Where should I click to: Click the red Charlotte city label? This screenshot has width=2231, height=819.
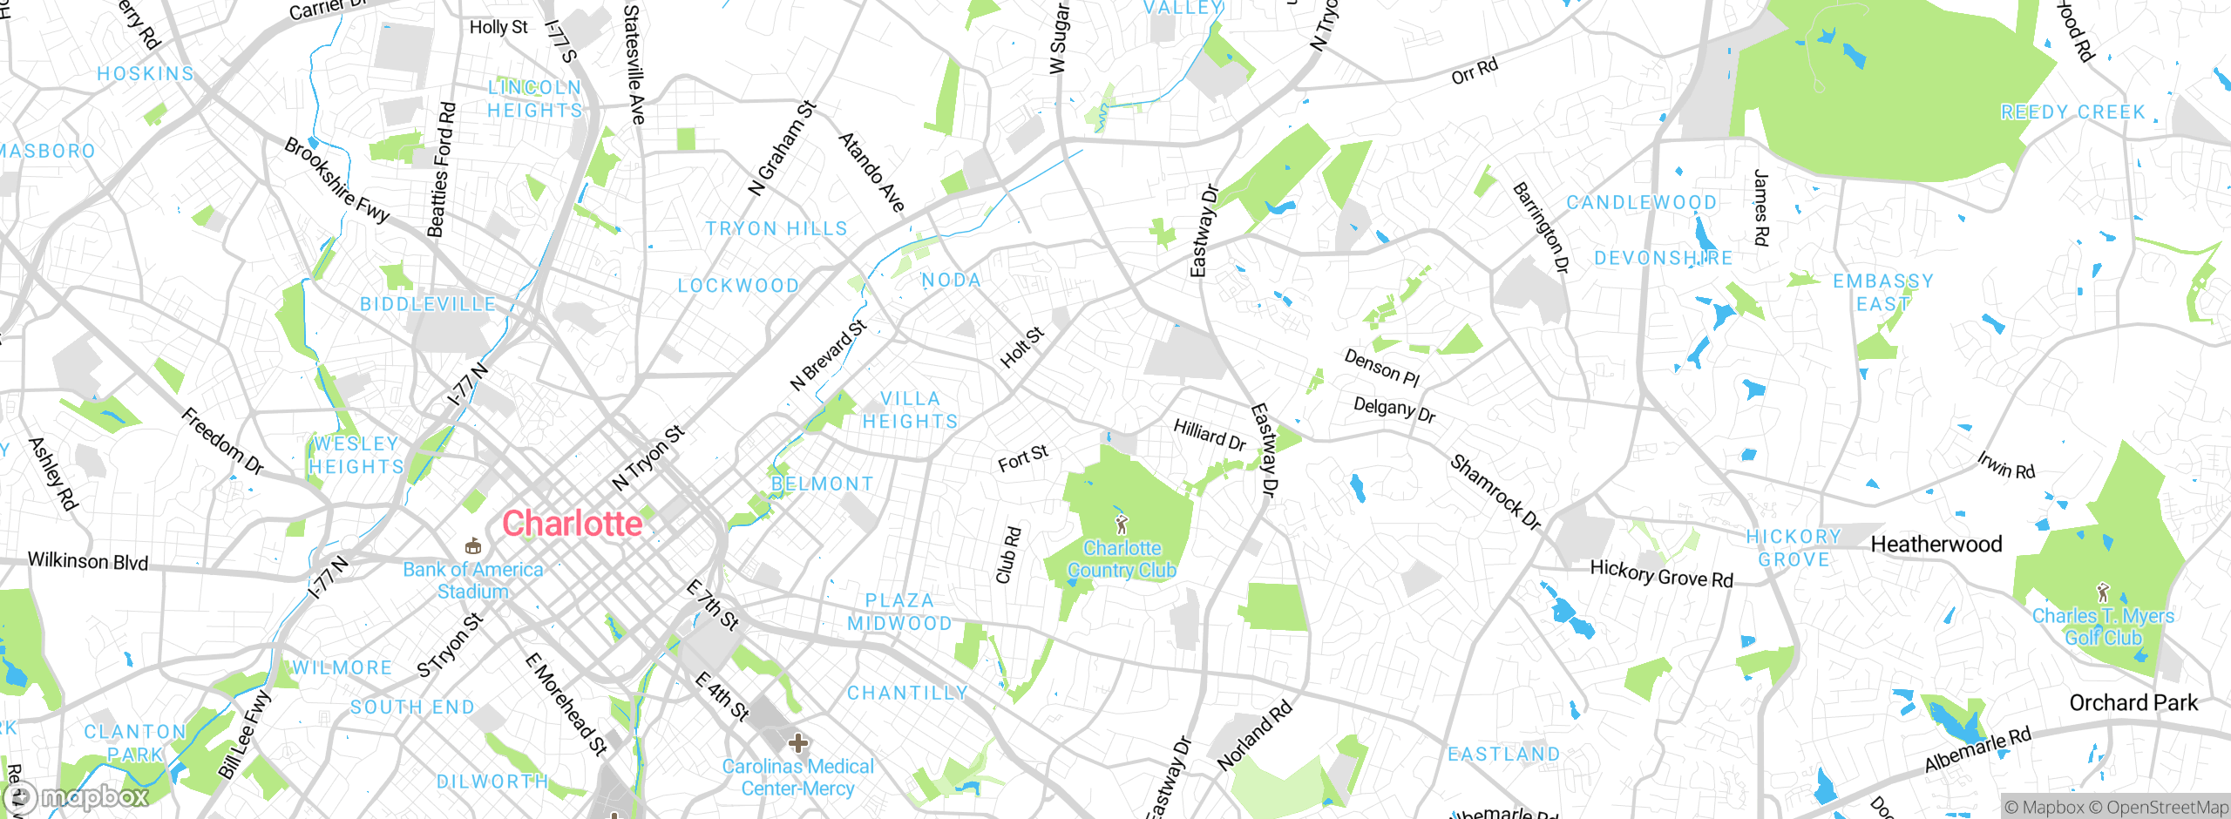tap(573, 524)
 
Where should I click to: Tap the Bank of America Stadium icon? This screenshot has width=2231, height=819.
tap(473, 546)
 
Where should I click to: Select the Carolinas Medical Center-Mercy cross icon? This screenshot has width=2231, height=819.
tap(798, 743)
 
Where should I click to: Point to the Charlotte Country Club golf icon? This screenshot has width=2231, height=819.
tap(1122, 524)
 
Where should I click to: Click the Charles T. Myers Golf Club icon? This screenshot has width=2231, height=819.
tap(2103, 592)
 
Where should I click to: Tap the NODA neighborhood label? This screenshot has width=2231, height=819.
tap(952, 281)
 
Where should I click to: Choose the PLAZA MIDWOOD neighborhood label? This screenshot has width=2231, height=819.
tap(900, 612)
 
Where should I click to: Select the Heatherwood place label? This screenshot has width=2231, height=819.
tap(1936, 545)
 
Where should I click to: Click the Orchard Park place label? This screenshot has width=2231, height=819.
tap(2133, 703)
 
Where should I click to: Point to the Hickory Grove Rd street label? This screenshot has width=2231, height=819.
tap(1662, 574)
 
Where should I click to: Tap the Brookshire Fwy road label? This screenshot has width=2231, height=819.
tap(336, 180)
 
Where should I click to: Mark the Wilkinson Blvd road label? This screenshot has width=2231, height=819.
tap(88, 561)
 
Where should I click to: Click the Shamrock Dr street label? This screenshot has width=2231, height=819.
tap(1495, 492)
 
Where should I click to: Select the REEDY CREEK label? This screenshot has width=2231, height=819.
tap(2072, 112)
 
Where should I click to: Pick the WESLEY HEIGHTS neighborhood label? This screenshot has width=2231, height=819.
tap(356, 455)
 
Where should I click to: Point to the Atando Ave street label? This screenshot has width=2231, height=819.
tap(871, 172)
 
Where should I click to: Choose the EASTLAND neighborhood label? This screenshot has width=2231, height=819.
tap(1503, 754)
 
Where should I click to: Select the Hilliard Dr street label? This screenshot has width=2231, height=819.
tap(1210, 434)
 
